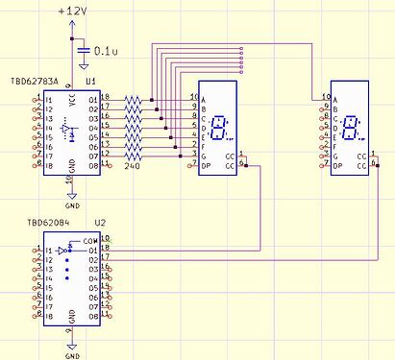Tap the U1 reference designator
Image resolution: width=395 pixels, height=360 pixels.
(90, 84)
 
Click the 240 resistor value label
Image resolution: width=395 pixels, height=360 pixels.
(133, 167)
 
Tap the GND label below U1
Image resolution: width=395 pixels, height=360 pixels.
(72, 204)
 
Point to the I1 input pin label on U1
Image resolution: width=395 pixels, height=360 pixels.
(46, 99)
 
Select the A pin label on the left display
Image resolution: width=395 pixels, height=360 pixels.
(205, 98)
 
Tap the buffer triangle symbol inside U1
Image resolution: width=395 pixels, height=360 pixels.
(64, 128)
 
